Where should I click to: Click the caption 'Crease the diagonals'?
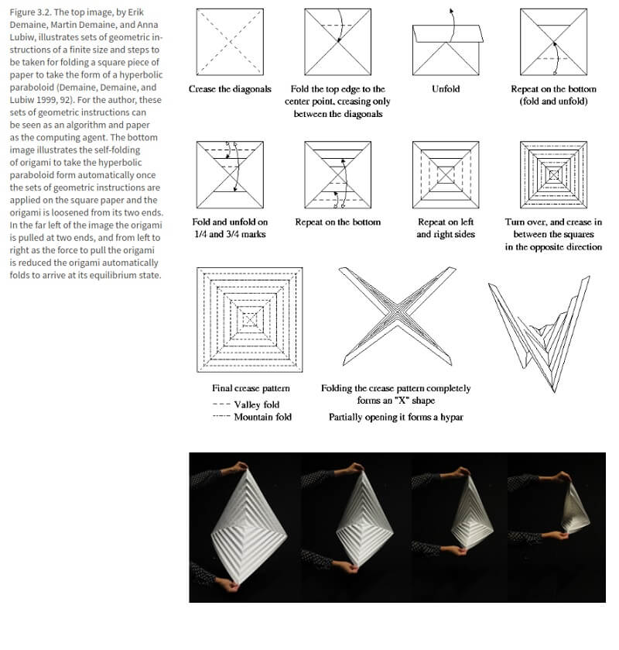[230, 89]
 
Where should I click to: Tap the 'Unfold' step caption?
[446, 89]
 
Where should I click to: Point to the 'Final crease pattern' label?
[251, 388]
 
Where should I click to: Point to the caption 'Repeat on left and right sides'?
[446, 229]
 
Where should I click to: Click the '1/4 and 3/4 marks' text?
[230, 235]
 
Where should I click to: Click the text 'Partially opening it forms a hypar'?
[395, 417]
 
